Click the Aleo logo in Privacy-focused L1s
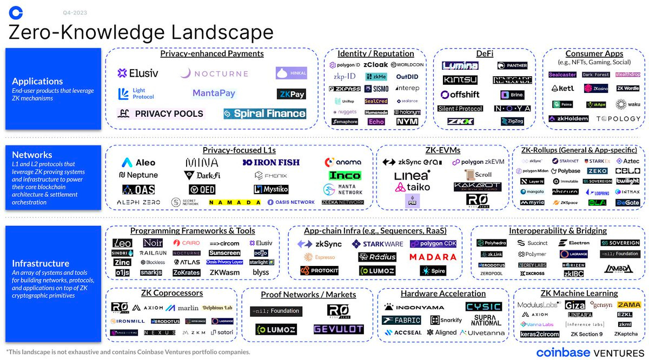(x=138, y=162)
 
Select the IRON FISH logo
(x=271, y=162)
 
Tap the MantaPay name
(x=214, y=94)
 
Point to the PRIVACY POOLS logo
(x=161, y=114)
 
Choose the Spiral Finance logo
(x=265, y=114)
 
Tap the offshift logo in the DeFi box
(x=460, y=95)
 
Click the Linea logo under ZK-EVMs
(x=412, y=176)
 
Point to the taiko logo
(x=412, y=187)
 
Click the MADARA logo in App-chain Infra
(x=433, y=257)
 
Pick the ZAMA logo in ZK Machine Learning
(x=628, y=305)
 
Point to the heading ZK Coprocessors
(x=171, y=294)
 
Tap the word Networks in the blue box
(x=32, y=155)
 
